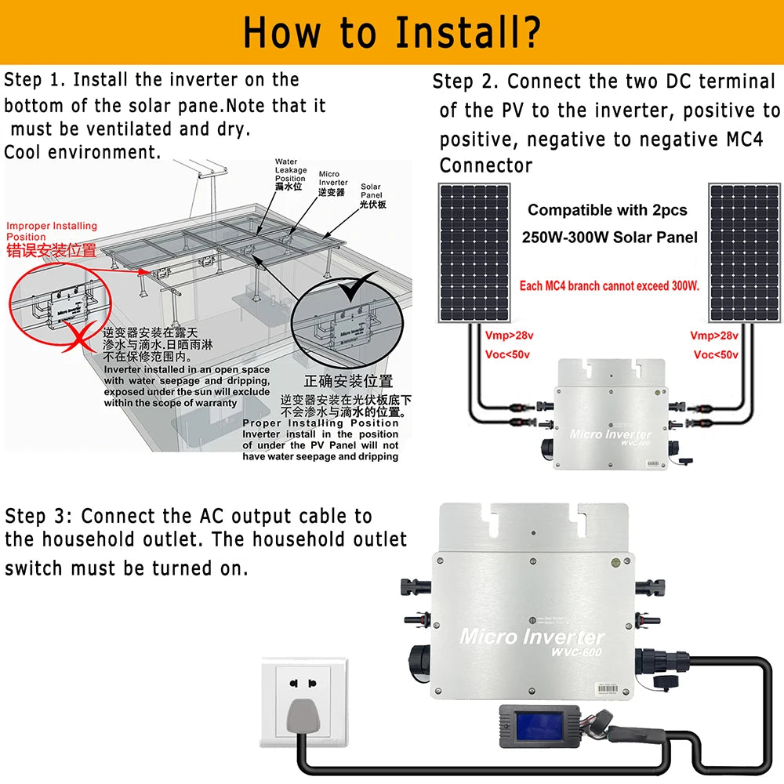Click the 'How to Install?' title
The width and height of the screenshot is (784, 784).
[x=391, y=32]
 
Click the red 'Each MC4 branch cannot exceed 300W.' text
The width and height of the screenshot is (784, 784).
[x=608, y=286]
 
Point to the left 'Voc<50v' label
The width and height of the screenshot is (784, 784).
[x=507, y=355]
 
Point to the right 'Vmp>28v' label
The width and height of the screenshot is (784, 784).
[x=713, y=336]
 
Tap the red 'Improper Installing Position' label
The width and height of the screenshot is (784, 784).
[x=52, y=230]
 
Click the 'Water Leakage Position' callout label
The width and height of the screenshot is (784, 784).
[x=289, y=175]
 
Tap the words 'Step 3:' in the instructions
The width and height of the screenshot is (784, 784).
[x=39, y=516]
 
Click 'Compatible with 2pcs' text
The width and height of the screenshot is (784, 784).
[x=607, y=210]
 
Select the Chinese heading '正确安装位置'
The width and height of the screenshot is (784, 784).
[x=347, y=382]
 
